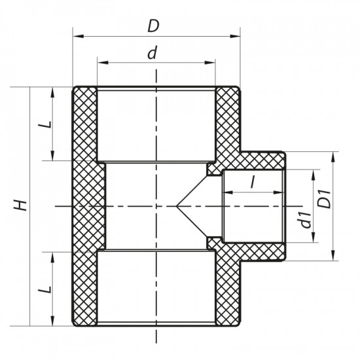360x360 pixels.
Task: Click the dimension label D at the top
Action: point(153,26)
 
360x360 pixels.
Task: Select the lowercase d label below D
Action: point(153,54)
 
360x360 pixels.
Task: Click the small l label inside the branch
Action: point(252,183)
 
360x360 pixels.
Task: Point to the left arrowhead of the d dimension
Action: point(101,63)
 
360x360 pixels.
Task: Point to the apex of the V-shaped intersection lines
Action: point(176,206)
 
